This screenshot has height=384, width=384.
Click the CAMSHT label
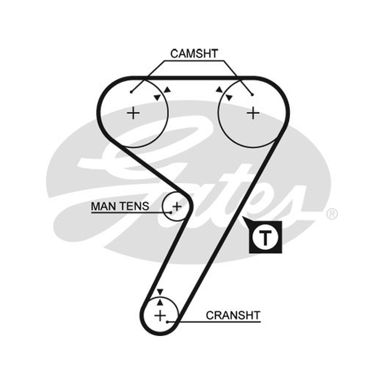tap(194, 54)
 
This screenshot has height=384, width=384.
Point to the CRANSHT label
tap(233, 315)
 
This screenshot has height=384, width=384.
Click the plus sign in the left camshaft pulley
tap(133, 113)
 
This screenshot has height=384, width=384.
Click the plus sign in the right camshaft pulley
tap(253, 113)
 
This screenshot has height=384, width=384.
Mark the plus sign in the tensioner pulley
tap(177, 206)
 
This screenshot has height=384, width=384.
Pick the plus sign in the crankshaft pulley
tap(160, 315)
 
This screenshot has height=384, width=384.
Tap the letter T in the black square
tap(265, 238)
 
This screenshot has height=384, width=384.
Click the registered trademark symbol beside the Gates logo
tap(332, 214)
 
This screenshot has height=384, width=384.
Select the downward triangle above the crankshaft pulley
tap(160, 292)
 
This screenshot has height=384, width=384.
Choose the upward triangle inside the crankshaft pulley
tap(160, 302)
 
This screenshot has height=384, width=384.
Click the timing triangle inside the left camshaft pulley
tap(157, 97)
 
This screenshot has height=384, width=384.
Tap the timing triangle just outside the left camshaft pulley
tap(168, 90)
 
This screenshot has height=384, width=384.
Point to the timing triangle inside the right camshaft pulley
tap(229, 97)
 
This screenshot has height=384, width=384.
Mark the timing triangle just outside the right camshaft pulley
tap(219, 90)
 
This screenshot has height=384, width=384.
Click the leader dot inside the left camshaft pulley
tap(131, 92)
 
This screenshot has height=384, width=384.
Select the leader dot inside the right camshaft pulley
tap(252, 95)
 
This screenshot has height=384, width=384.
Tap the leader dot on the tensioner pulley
tap(171, 213)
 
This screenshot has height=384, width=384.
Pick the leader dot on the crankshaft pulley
tap(167, 322)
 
